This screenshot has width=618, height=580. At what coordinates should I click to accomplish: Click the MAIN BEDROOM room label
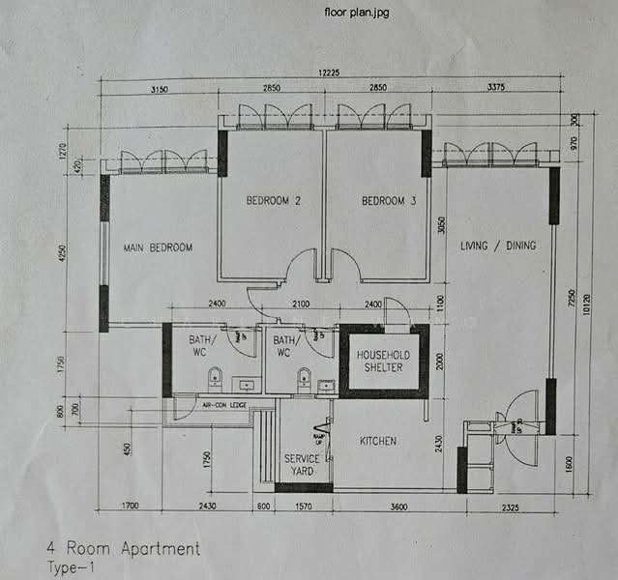[158, 247]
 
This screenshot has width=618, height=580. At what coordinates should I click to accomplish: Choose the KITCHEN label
[378, 441]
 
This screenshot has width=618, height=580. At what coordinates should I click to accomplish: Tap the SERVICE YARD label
[302, 465]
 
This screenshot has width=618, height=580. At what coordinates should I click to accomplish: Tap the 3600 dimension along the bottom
[393, 507]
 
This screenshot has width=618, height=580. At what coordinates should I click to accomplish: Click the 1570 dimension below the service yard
[304, 507]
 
